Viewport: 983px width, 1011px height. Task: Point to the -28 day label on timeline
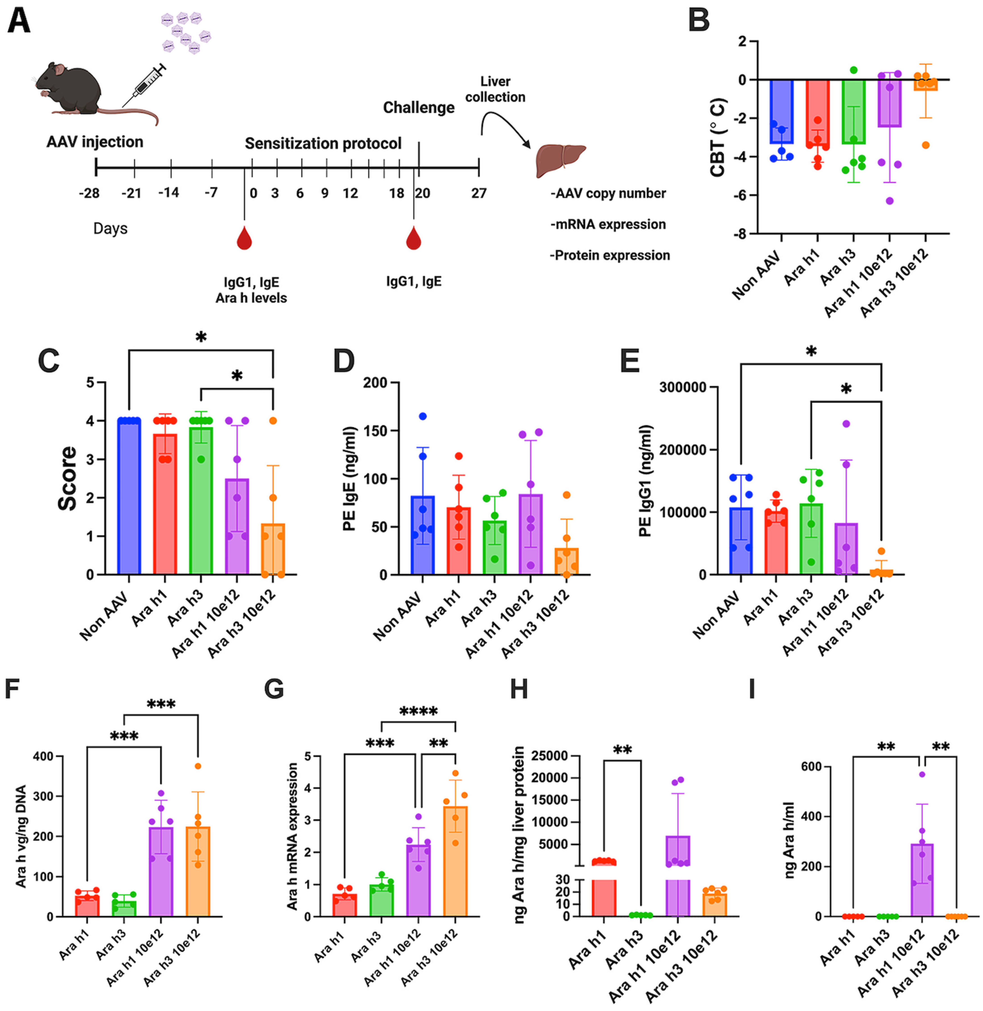click(89, 194)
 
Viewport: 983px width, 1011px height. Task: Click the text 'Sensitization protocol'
click(323, 144)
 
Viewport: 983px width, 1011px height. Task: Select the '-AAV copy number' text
click(608, 194)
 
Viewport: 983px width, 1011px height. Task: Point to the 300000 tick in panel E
click(683, 387)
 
